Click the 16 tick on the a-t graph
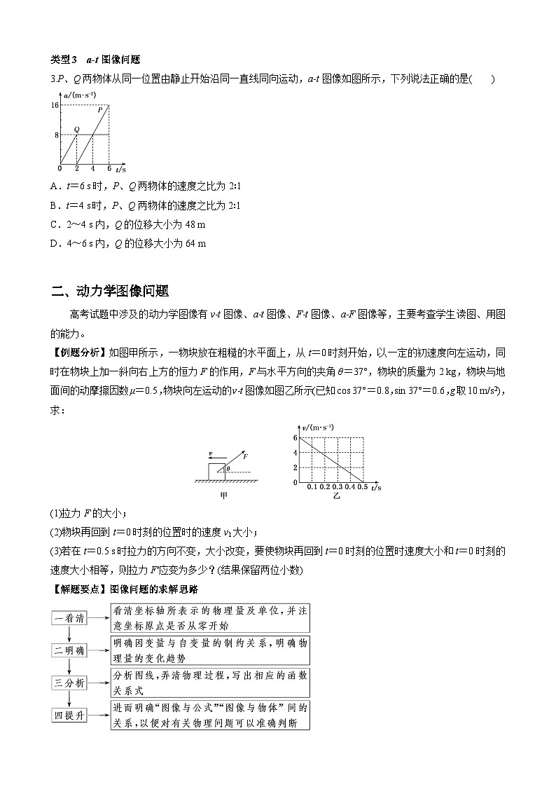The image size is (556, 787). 55,105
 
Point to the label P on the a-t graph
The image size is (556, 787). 100,110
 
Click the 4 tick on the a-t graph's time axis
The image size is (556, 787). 92,170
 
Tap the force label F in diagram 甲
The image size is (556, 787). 246,456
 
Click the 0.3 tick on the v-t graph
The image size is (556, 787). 338,487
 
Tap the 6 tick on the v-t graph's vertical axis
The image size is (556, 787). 296,438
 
